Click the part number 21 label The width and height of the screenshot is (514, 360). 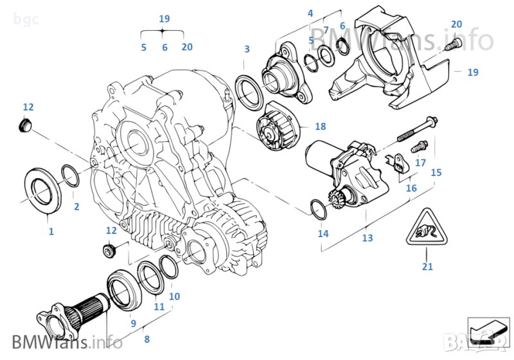427,267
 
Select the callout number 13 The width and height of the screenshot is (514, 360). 366,238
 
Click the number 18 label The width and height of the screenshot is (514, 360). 321,127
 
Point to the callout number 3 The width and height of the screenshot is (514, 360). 247,50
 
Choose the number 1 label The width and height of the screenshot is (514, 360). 51,231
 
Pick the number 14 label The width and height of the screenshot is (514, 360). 323,233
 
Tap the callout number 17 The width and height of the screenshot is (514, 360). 420,163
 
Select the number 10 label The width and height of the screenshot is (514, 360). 174,296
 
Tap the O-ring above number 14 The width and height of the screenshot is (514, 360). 318,209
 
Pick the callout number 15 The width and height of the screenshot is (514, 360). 436,172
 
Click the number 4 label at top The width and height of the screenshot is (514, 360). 310,13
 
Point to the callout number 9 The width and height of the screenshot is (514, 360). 134,323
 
